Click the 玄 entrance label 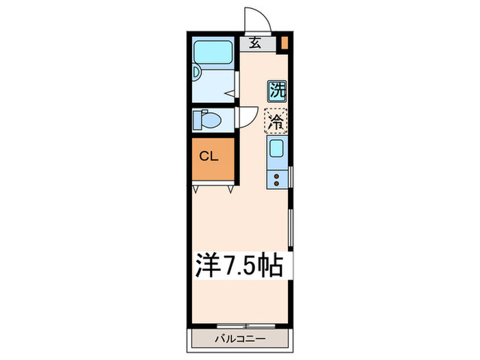[255, 43]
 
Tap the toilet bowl [208, 121]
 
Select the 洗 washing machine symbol [277, 90]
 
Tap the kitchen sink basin [277, 148]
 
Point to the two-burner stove [277, 180]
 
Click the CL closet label [209, 156]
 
